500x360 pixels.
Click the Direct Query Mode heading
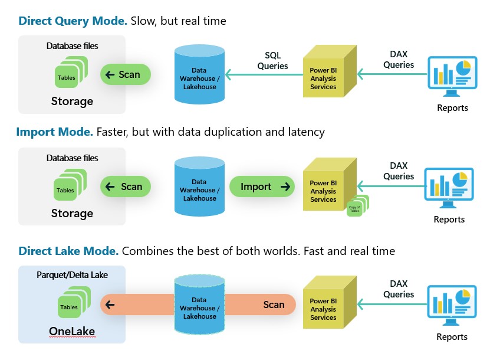[x=73, y=21]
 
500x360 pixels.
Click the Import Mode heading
[x=54, y=132]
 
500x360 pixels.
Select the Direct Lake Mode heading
[x=68, y=251]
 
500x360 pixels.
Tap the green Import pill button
[x=262, y=187]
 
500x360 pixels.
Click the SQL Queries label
[x=272, y=60]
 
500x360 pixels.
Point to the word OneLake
[x=72, y=332]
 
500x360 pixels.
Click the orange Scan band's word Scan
[x=274, y=305]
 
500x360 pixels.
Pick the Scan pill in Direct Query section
[x=125, y=74]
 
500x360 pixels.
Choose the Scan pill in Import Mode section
[x=125, y=186]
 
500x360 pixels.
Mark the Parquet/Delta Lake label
[x=72, y=275]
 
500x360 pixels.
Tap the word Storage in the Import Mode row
[x=72, y=213]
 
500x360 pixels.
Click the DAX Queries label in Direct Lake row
[x=399, y=289]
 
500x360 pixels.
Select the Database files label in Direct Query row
[x=72, y=45]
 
